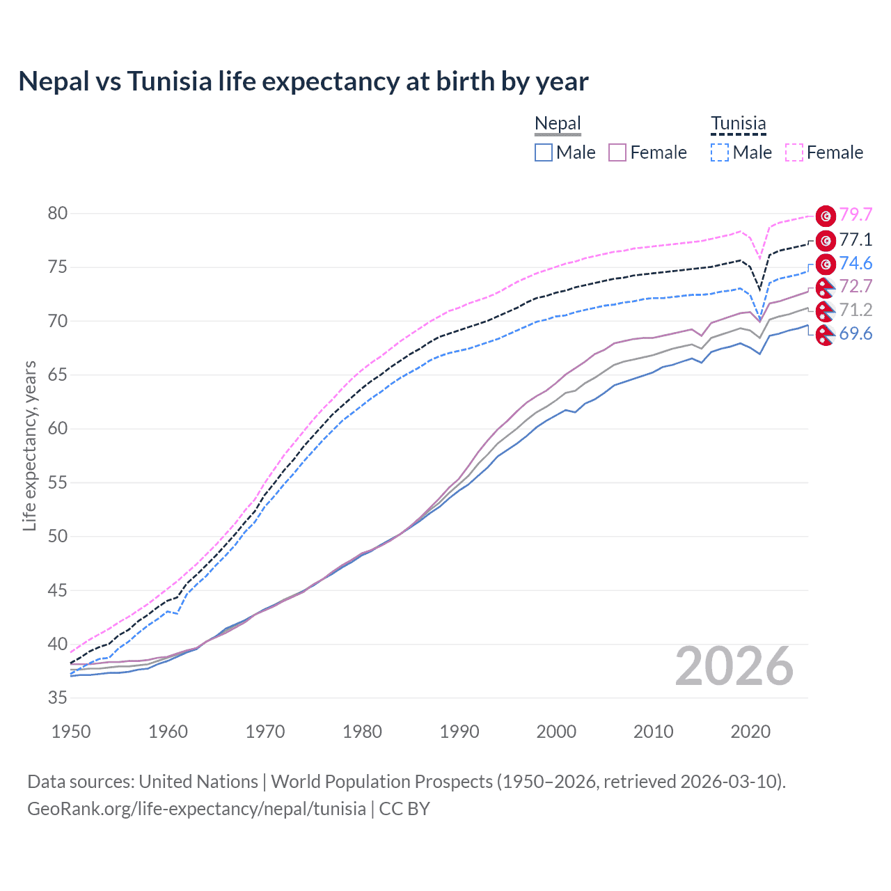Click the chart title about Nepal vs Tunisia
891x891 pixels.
pos(303,81)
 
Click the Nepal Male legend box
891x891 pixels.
pos(544,152)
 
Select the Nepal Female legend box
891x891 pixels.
pos(618,152)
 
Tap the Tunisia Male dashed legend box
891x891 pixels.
pos(720,152)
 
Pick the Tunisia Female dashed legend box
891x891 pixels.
pos(794,152)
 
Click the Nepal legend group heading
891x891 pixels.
pos(558,124)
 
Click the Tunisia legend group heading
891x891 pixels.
pos(738,124)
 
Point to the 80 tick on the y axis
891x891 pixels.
pos(58,214)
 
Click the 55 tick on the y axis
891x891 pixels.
pos(58,483)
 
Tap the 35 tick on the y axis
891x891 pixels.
pos(58,698)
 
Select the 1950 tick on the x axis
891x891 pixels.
pos(72,732)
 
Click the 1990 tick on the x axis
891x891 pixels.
pos(459,732)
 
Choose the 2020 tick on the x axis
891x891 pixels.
pos(750,732)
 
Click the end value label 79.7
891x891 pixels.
pos(855,215)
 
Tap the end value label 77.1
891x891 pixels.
pos(855,240)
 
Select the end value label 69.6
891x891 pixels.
pos(855,334)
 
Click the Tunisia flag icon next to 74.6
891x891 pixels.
pos(826,265)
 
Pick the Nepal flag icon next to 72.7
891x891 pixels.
pos(826,287)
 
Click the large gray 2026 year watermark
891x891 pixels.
pos(734,667)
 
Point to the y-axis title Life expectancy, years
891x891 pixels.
pos(29,445)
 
